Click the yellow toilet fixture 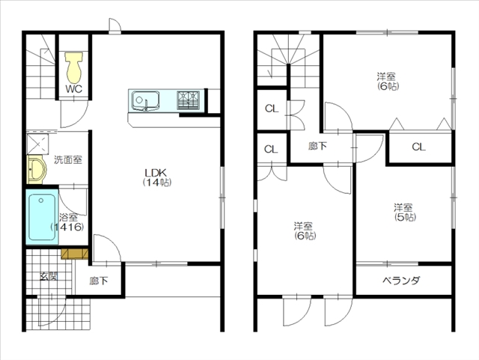(x=73, y=67)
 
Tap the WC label (x=73, y=89)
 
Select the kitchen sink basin (x=145, y=100)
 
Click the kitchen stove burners (x=188, y=100)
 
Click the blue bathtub (x=42, y=217)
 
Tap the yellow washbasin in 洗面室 (x=37, y=169)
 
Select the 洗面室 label (x=68, y=159)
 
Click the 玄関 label (x=49, y=276)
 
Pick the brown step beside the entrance (x=75, y=254)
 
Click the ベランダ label (x=401, y=280)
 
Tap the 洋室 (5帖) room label (x=404, y=212)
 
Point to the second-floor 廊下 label (x=317, y=146)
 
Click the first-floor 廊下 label (x=98, y=281)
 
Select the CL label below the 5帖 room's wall (x=418, y=147)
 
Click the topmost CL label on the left (x=272, y=109)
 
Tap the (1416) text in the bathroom (x=67, y=227)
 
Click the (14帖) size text (x=157, y=183)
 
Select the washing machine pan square (x=37, y=144)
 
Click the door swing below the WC (x=74, y=114)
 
